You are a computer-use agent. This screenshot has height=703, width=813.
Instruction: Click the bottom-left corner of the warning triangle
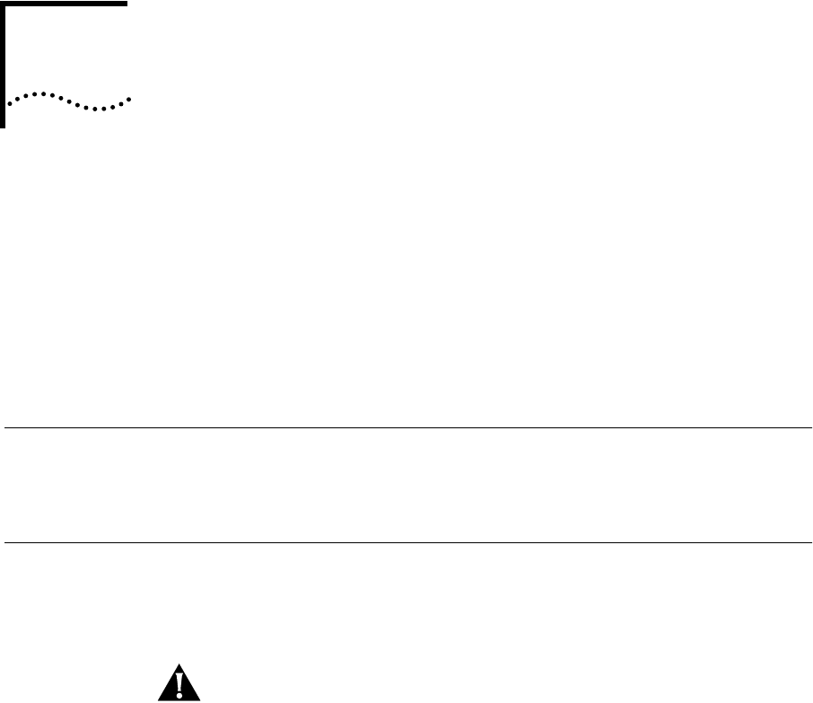[160, 699]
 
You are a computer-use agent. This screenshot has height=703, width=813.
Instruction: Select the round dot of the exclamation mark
[179, 695]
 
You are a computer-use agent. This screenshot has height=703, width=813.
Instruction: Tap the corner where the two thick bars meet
[3, 3]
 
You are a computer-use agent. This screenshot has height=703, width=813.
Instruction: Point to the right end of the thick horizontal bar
[127, 3]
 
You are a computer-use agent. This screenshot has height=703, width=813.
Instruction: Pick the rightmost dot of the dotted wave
[130, 98]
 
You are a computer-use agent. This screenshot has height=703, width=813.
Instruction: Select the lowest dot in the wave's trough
[101, 109]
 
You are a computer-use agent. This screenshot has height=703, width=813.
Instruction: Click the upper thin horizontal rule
[404, 428]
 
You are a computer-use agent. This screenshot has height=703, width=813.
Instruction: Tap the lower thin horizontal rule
[404, 542]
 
